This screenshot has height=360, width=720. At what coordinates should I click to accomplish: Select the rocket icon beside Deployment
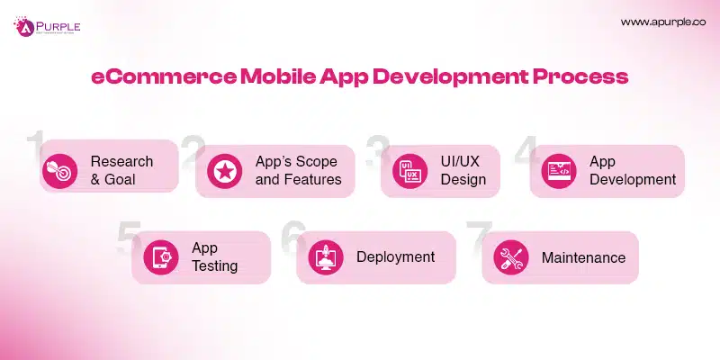(324, 258)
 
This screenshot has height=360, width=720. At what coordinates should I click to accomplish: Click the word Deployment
(395, 257)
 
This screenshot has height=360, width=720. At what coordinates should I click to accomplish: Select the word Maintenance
(583, 257)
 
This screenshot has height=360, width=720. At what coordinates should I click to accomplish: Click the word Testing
(214, 266)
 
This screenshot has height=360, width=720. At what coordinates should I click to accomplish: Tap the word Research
(121, 162)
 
